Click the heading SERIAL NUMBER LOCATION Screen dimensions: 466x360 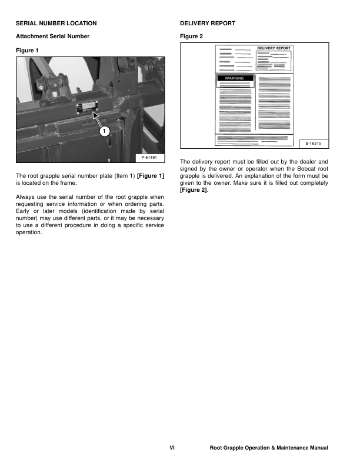pyautogui.click(x=56, y=23)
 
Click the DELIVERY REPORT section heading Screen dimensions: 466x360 pyautogui.click(x=208, y=23)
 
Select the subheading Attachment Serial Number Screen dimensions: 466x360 pyautogui.click(x=52, y=36)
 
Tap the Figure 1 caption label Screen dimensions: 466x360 pyautogui.click(x=27, y=50)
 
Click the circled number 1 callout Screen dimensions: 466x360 pyautogui.click(x=103, y=131)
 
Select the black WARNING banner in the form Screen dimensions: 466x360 pyautogui.click(x=235, y=78)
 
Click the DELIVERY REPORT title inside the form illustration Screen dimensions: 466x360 pyautogui.click(x=274, y=48)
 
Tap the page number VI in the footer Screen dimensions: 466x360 pyautogui.click(x=172, y=448)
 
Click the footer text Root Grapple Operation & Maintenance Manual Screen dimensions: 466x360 pyautogui.click(x=269, y=448)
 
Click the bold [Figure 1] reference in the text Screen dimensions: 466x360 pyautogui.click(x=151, y=176)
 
